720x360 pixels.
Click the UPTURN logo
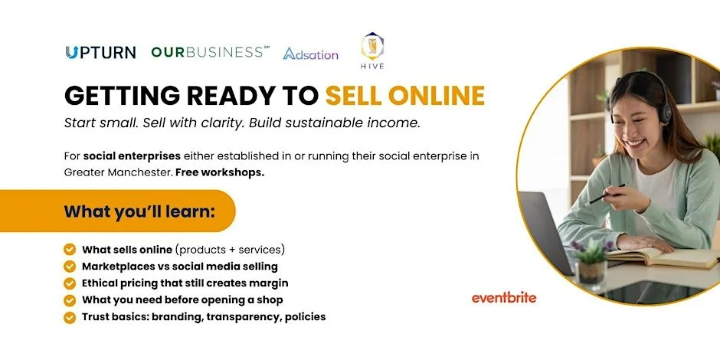pos(100,52)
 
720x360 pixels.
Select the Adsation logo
pos(310,54)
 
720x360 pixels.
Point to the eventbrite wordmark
pos(503,297)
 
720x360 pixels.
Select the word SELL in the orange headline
pos(352,95)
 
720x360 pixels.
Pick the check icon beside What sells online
pos(70,249)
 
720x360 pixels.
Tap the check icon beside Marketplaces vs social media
pos(70,266)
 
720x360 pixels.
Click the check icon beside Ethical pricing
pos(70,283)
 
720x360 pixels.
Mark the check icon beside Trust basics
pos(70,316)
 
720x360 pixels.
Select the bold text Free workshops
pos(220,172)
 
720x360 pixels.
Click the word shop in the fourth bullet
pos(270,299)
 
